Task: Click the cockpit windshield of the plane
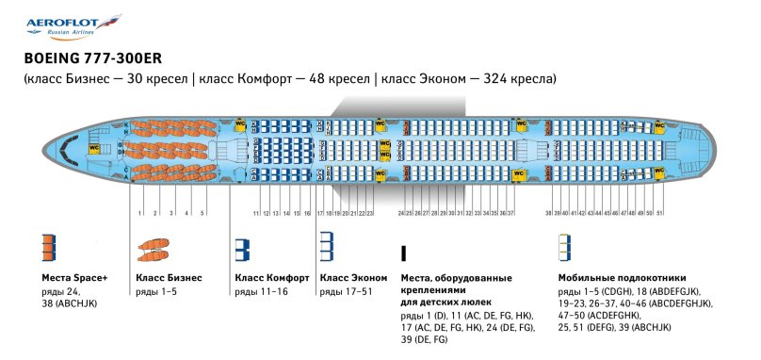pyautogui.click(x=63, y=148)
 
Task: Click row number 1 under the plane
pyautogui.click(x=139, y=214)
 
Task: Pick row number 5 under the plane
pyautogui.click(x=202, y=214)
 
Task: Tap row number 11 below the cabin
pyautogui.click(x=255, y=214)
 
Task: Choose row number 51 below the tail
pyautogui.click(x=660, y=214)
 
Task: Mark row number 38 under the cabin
pyautogui.click(x=548, y=214)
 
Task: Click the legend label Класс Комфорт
pyautogui.click(x=271, y=279)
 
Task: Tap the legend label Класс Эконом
pyautogui.click(x=353, y=279)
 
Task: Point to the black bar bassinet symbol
pyautogui.click(x=403, y=252)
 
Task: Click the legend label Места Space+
pyautogui.click(x=75, y=279)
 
